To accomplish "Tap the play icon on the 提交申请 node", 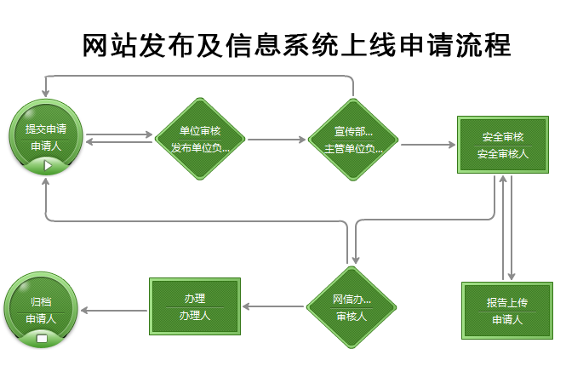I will [x=47, y=165].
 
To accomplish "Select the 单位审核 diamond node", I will [x=201, y=139].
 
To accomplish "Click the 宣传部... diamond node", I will [x=353, y=139].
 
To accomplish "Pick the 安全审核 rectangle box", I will [x=502, y=145].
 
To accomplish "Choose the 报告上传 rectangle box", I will [x=508, y=311].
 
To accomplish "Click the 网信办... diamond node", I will [x=352, y=307].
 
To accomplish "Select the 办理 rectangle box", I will [x=194, y=306].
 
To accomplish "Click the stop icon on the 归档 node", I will [x=42, y=339].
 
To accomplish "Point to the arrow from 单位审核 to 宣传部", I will [x=277, y=139].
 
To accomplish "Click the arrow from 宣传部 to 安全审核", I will [x=429, y=145].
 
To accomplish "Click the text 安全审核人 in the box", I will [x=502, y=154].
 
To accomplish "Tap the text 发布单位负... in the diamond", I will [x=201, y=147].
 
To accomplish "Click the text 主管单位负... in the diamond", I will [x=353, y=148].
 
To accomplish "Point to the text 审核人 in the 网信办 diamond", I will [x=352, y=317].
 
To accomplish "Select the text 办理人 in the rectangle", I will [x=194, y=315].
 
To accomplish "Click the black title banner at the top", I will [x=296, y=44].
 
